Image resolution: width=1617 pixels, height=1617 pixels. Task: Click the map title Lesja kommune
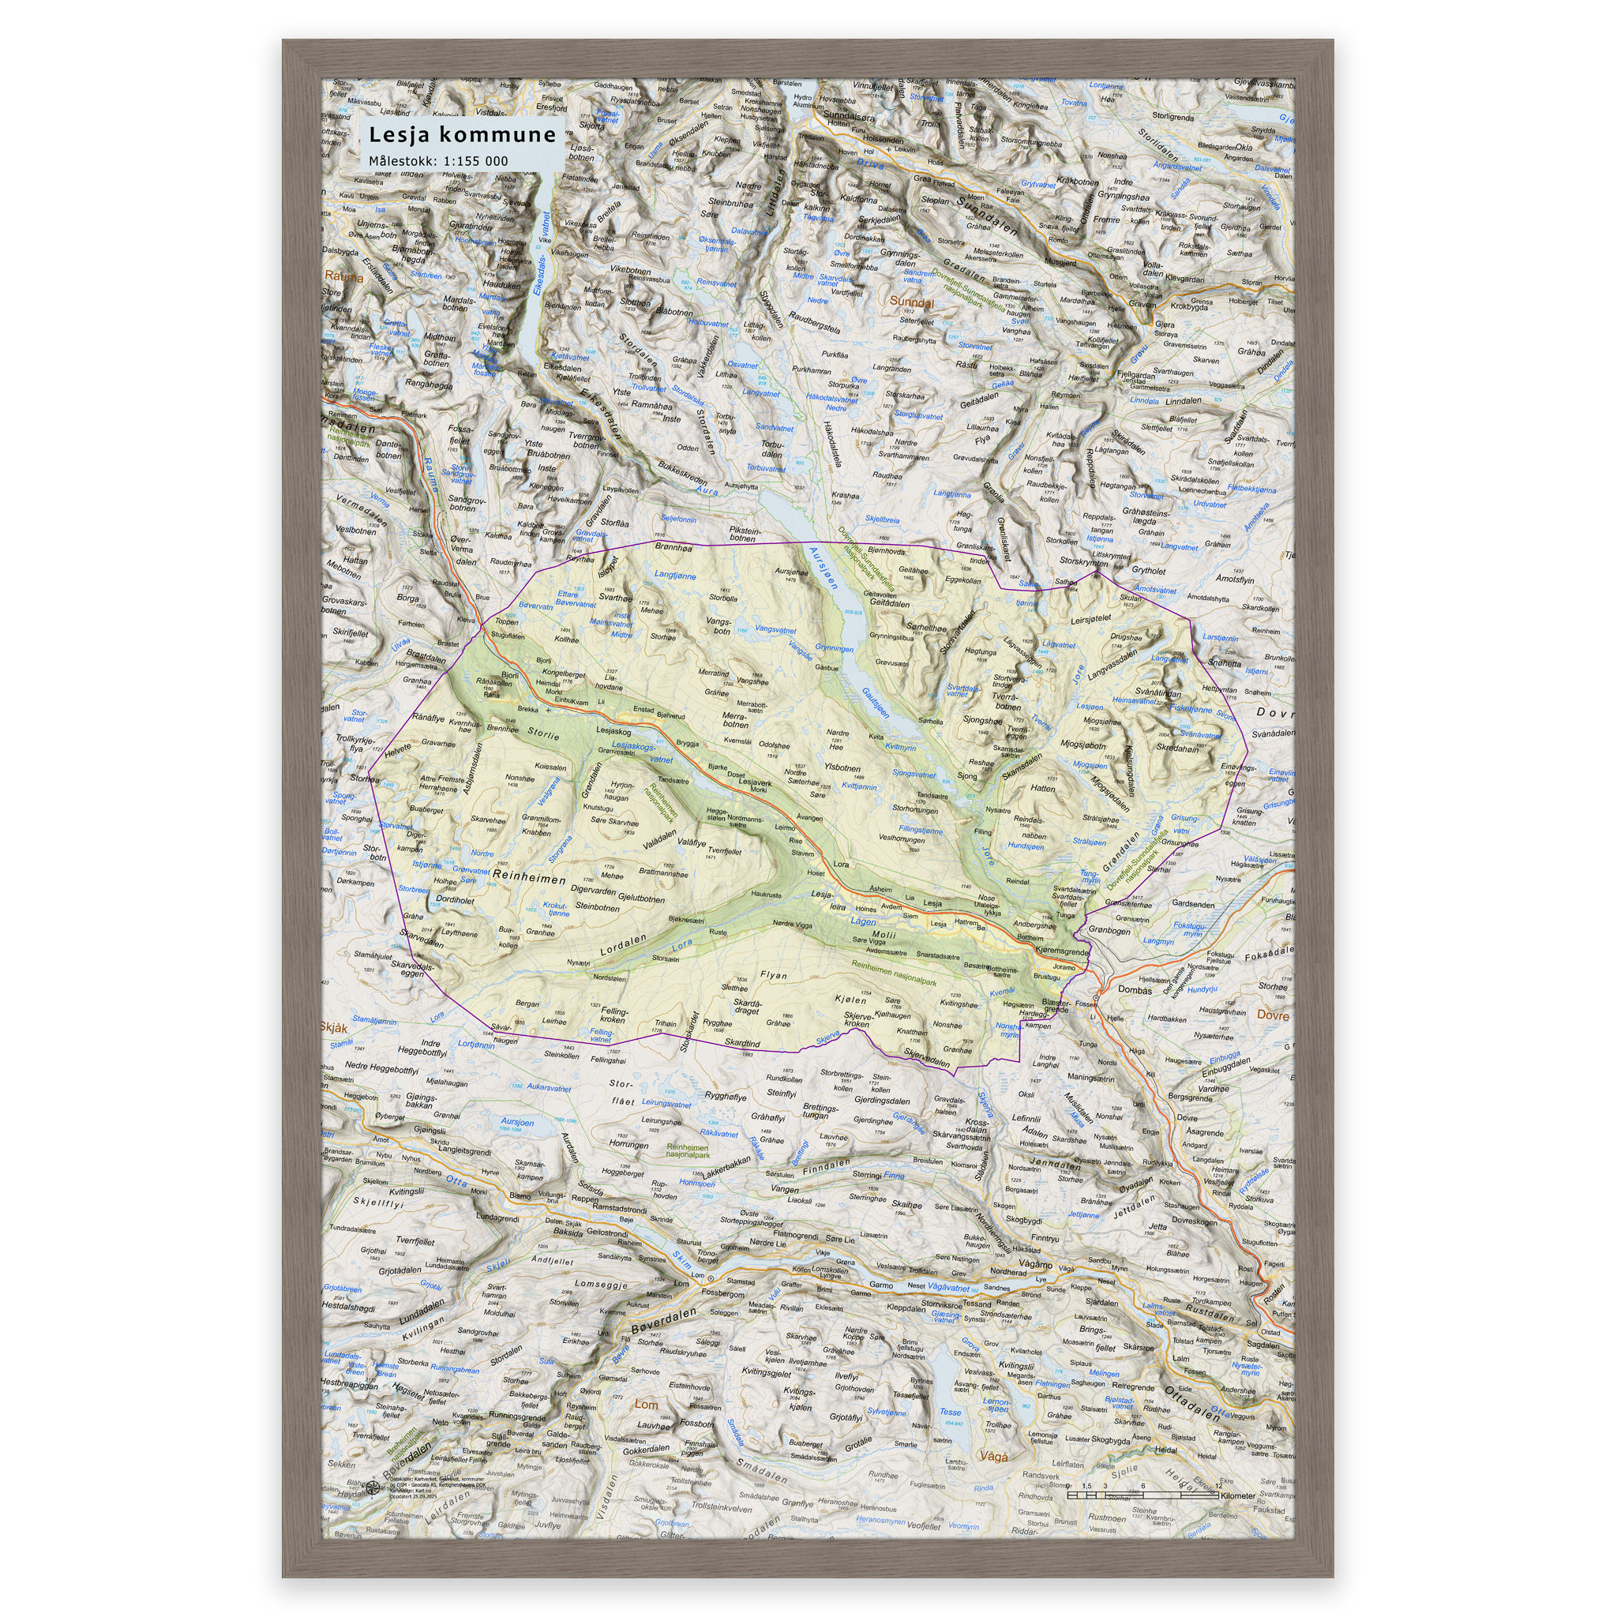462,135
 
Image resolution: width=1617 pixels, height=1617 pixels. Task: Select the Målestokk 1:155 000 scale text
438,161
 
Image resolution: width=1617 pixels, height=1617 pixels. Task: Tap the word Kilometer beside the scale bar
1237,1495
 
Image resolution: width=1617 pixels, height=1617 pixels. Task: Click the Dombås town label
1135,990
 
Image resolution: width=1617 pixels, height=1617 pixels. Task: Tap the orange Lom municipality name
646,1405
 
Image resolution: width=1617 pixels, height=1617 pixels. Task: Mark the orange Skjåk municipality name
334,1027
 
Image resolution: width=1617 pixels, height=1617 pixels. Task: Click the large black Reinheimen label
530,878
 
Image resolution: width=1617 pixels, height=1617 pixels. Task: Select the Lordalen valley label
624,945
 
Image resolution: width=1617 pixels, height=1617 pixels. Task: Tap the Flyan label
773,975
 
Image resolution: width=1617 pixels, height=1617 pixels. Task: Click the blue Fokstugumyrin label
1189,929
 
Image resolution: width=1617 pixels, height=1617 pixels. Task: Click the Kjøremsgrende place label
1061,951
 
